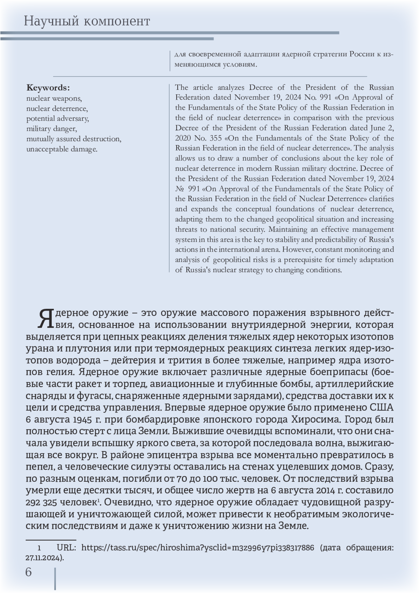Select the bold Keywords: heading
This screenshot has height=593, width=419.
click(48, 88)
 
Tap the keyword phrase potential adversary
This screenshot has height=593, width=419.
click(58, 118)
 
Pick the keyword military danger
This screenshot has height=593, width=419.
click(51, 129)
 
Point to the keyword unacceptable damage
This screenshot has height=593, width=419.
click(62, 149)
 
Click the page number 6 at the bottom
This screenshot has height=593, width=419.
click(28, 572)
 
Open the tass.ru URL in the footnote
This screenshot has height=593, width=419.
click(198, 547)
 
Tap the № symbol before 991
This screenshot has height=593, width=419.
click(179, 189)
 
